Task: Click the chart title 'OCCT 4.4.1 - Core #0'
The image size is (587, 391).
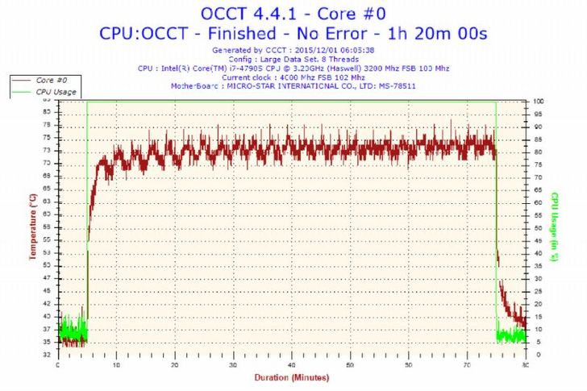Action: pos(293,14)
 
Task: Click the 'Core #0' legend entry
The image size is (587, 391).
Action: pos(52,81)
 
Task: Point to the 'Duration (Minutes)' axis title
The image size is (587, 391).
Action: pos(291,377)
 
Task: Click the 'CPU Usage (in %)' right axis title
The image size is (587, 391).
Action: pos(555,227)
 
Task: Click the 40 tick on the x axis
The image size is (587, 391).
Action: pos(292,364)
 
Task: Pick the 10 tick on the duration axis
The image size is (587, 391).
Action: pos(117,364)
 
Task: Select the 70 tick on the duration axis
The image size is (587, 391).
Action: pos(467,364)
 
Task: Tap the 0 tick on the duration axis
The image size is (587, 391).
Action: pos(58,364)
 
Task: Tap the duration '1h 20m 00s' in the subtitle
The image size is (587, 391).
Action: pos(448,34)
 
